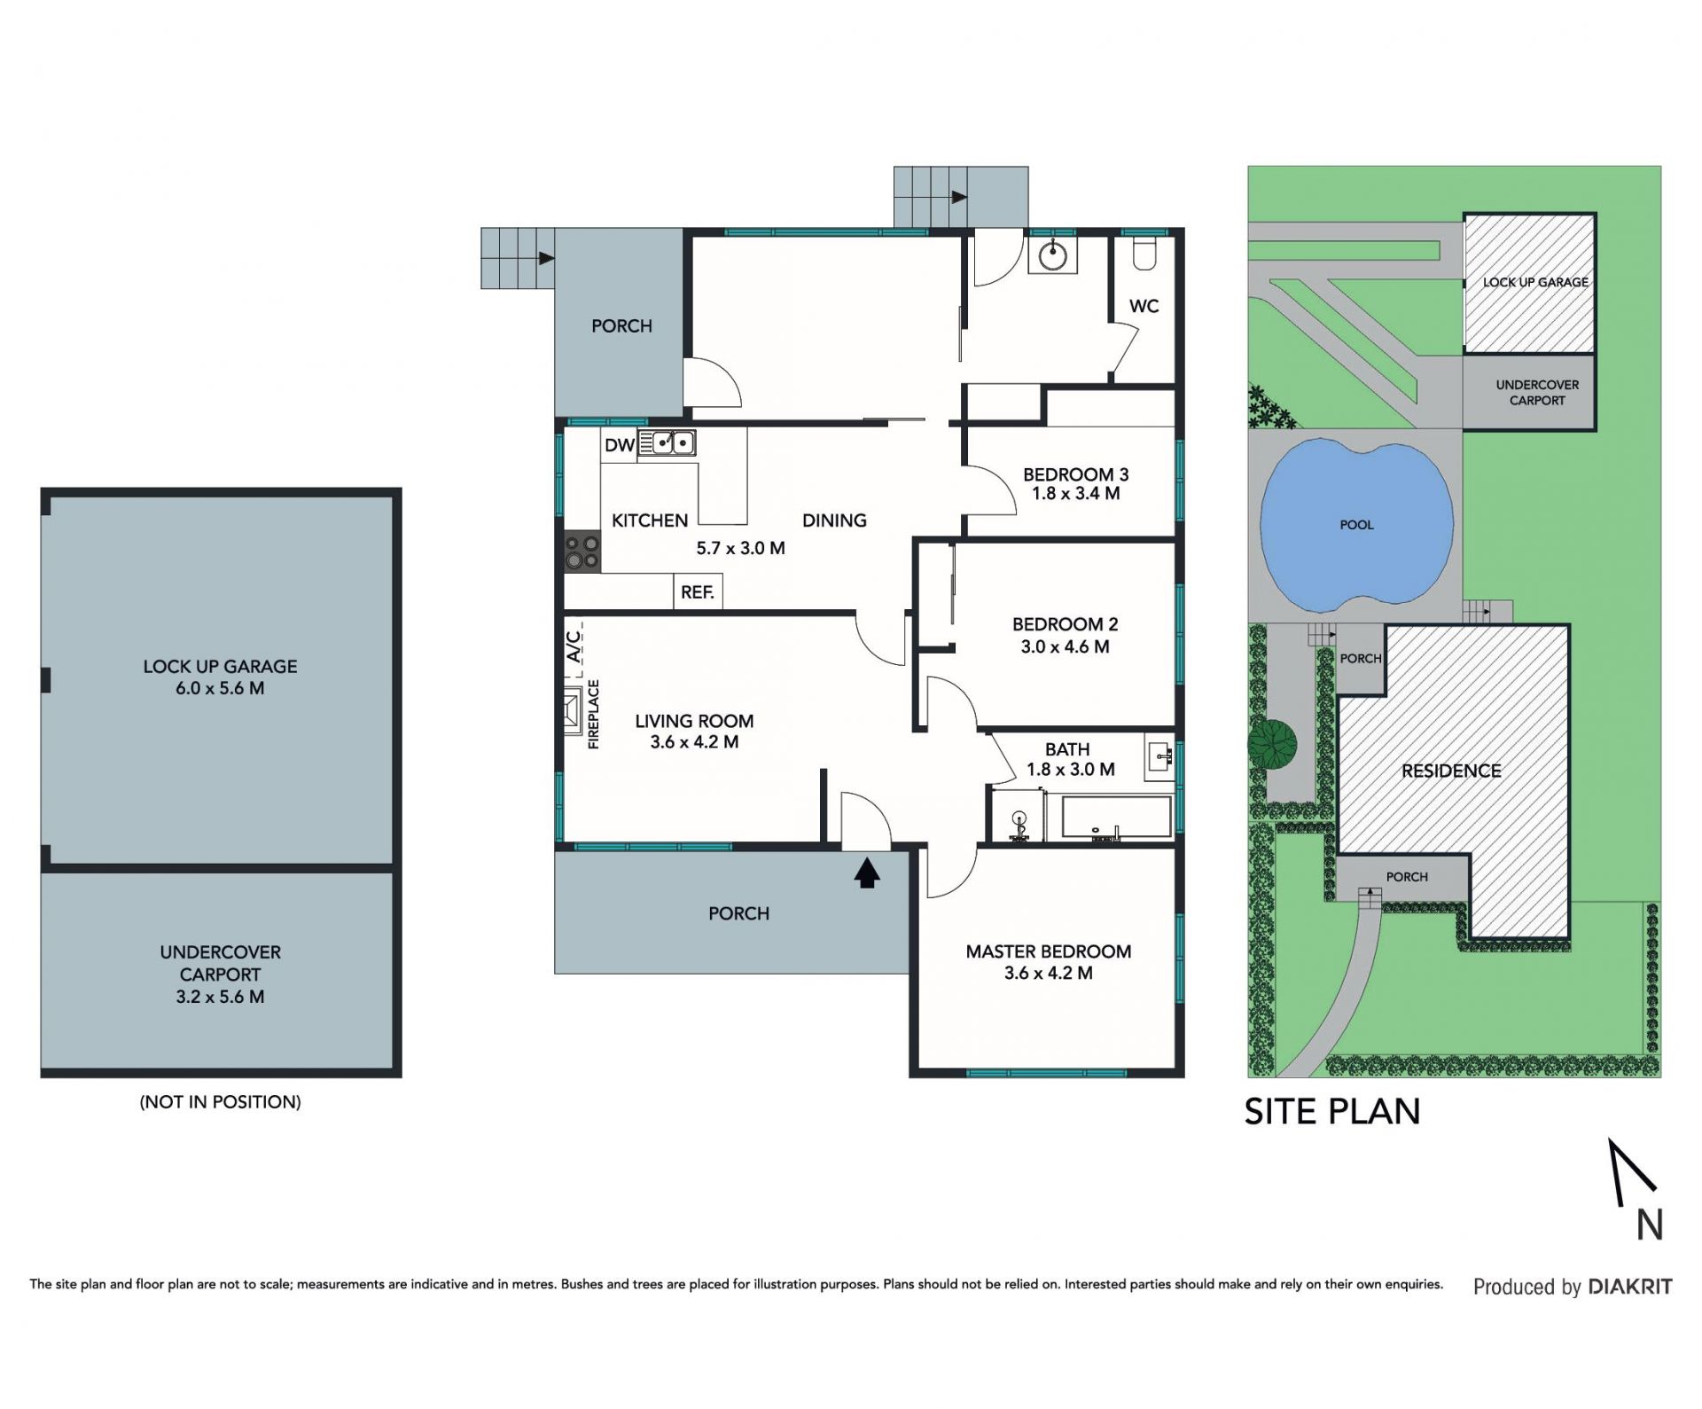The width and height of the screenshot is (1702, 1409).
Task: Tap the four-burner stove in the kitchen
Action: [582, 552]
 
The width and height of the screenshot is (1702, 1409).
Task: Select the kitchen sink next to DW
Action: [667, 442]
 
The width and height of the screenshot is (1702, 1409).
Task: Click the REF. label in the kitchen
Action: [698, 592]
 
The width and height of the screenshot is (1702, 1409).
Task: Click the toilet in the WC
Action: [1144, 253]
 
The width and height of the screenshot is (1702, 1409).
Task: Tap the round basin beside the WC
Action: [1052, 255]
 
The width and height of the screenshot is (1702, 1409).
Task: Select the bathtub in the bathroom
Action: [1108, 817]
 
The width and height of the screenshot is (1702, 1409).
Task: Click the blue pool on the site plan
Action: [1356, 524]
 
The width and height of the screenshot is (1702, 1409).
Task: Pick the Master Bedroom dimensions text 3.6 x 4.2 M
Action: [1049, 973]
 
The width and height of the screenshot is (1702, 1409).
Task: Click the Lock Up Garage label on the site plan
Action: [1536, 282]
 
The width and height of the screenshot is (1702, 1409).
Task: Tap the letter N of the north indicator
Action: [1649, 1225]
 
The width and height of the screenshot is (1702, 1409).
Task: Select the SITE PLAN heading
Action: [1332, 1112]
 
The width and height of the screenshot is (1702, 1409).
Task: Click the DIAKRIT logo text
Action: [1630, 1287]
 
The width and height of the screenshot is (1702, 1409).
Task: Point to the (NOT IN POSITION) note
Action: [221, 1102]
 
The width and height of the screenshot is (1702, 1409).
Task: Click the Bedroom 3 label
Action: [1076, 474]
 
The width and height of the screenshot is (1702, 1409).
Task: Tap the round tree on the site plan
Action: [1272, 743]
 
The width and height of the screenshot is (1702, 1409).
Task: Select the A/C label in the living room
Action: [574, 643]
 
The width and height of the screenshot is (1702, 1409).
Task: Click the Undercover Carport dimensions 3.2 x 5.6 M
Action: [220, 997]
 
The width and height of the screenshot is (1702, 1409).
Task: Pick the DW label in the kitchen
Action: [620, 445]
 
